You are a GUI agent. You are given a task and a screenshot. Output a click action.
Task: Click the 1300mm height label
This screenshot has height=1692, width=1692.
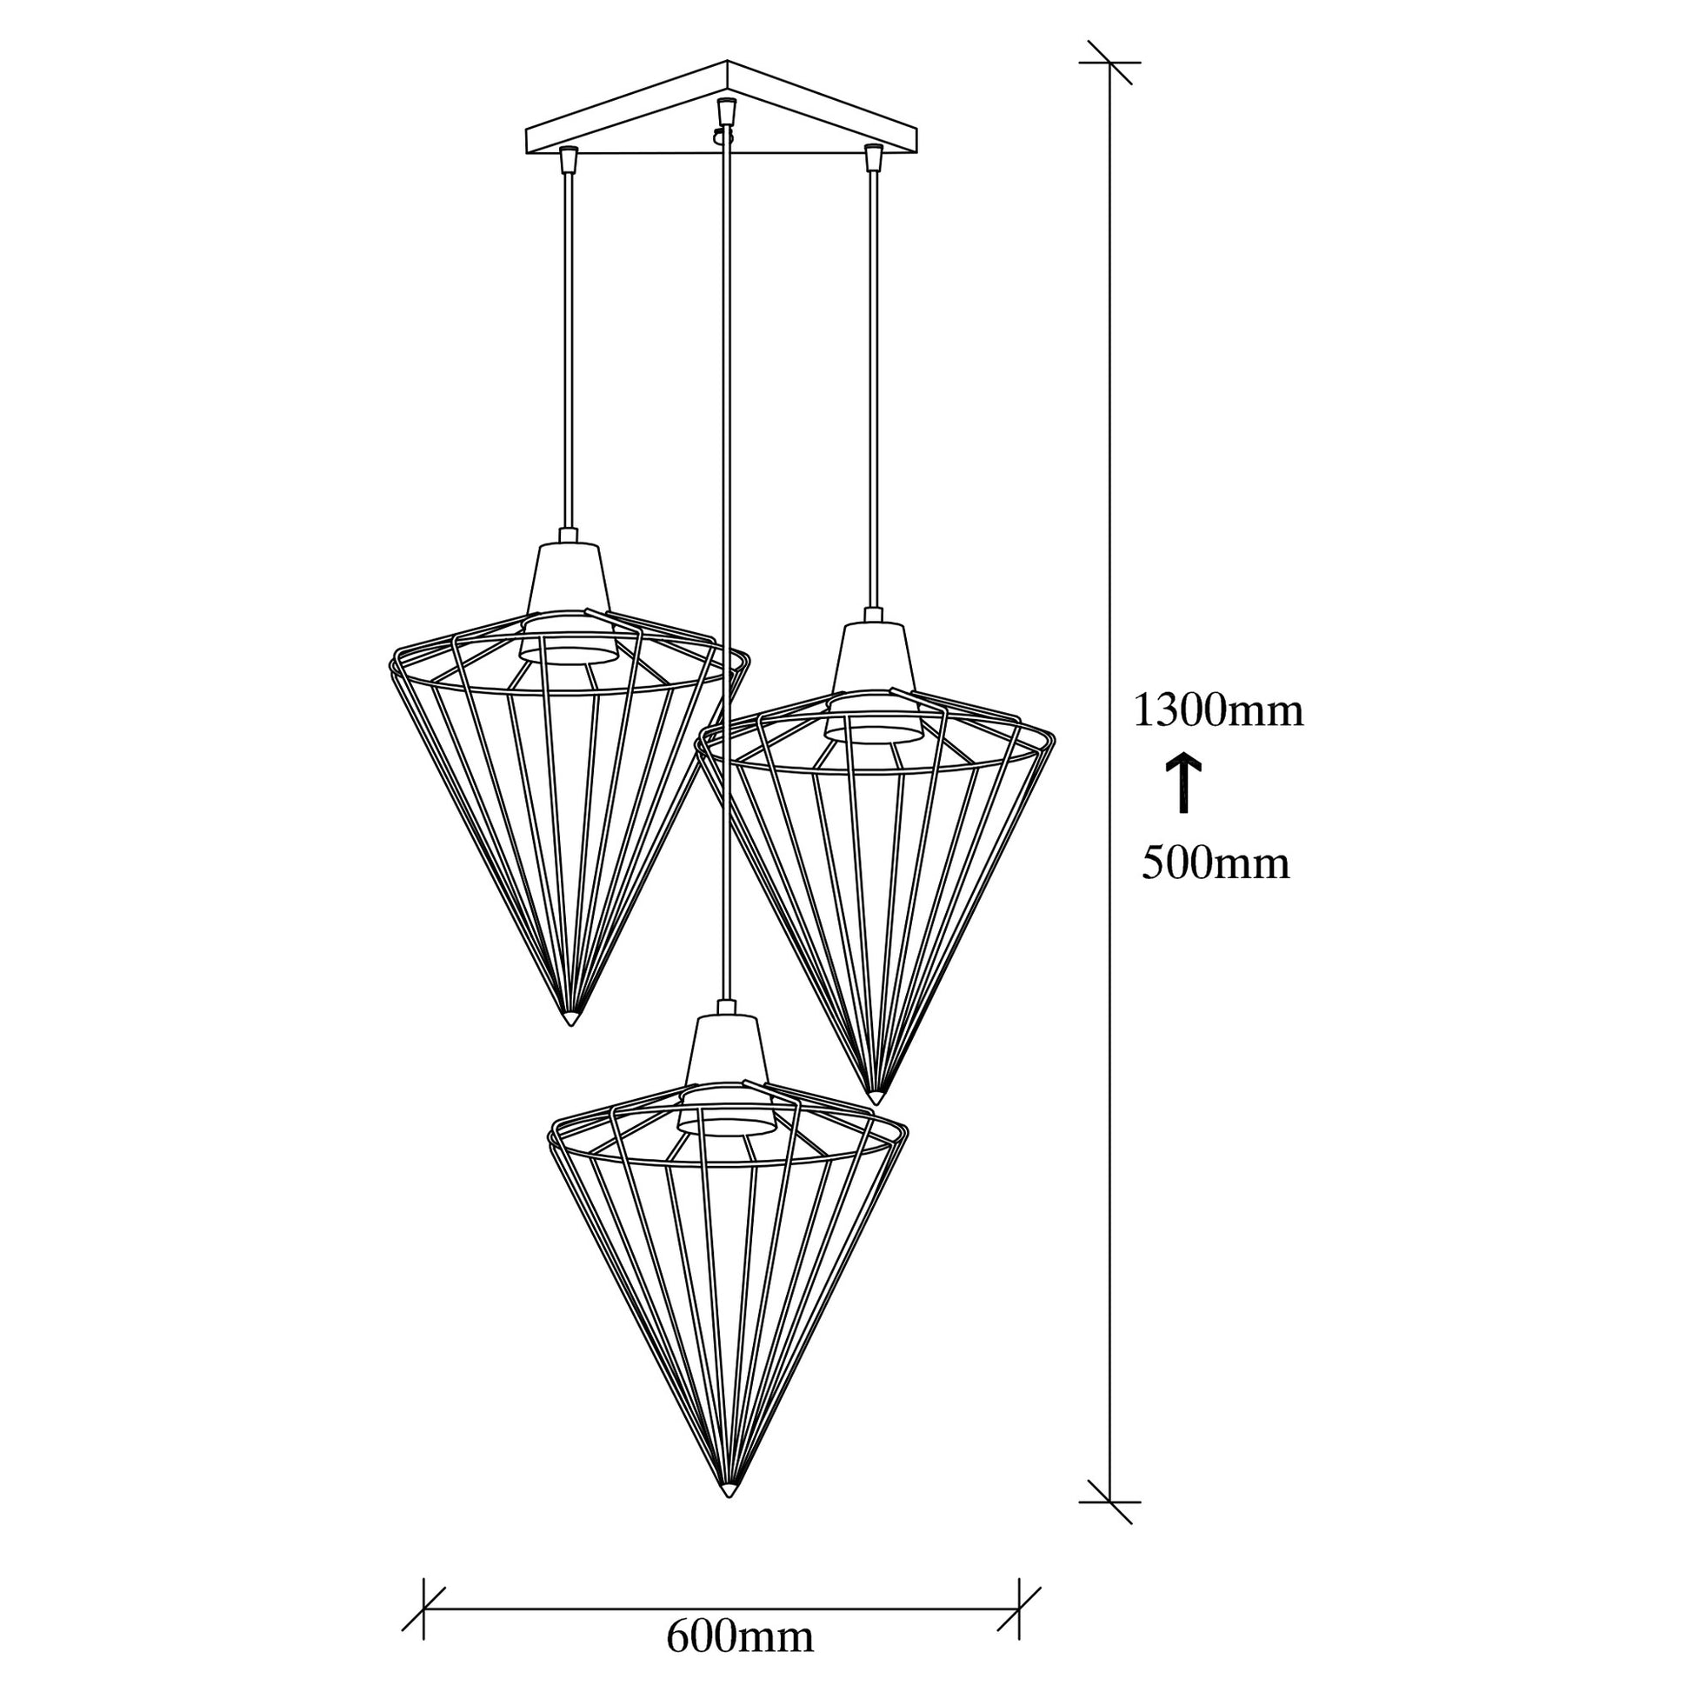point(1218,710)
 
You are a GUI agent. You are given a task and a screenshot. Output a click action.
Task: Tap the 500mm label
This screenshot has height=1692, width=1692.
point(1216,863)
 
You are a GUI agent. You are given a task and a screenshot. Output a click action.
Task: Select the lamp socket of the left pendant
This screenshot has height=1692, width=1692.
point(569,601)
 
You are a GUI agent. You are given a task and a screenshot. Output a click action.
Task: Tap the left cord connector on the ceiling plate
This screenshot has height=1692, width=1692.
point(570,158)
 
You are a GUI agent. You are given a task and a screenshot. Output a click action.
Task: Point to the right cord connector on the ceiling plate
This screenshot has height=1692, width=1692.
point(871,157)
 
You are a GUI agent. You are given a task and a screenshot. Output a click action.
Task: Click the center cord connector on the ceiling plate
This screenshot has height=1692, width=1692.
point(724,112)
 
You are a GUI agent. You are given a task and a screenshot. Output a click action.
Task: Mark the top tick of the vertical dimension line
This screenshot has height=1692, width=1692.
point(1109,63)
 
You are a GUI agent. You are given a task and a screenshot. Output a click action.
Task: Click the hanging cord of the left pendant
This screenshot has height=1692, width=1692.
point(570,350)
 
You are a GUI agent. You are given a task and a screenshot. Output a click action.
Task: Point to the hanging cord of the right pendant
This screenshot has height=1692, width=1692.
point(872,389)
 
